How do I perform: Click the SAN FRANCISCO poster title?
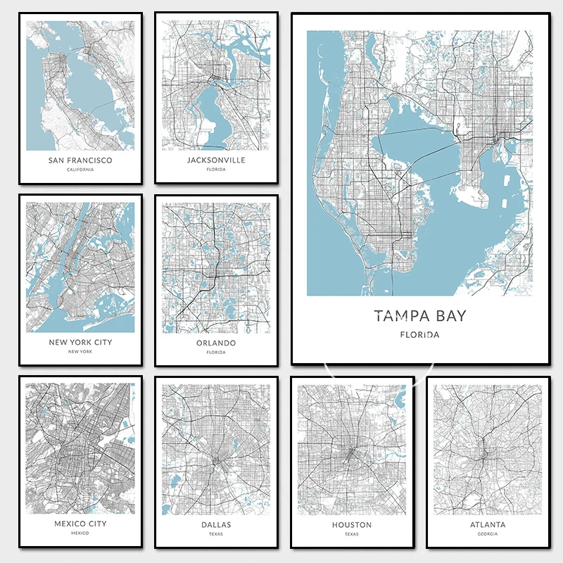tap(80, 160)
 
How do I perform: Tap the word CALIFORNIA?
tap(80, 170)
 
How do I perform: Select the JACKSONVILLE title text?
tap(216, 160)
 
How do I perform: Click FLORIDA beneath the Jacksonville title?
tap(216, 170)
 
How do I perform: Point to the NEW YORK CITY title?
tap(80, 342)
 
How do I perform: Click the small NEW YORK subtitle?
tap(80, 352)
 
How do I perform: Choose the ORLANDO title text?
tap(216, 343)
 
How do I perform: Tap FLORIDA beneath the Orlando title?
tap(216, 353)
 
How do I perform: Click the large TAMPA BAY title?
tap(420, 315)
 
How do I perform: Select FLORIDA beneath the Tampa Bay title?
tap(420, 335)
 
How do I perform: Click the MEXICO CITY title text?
tap(80, 524)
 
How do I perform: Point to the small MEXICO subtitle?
tap(80, 533)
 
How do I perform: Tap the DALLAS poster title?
tap(216, 524)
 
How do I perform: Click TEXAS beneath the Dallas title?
tap(216, 534)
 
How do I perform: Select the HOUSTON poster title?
tap(352, 524)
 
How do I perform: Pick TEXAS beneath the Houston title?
tap(352, 534)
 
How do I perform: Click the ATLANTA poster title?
tap(488, 524)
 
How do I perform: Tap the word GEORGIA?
tap(488, 534)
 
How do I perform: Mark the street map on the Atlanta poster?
tap(488, 448)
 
